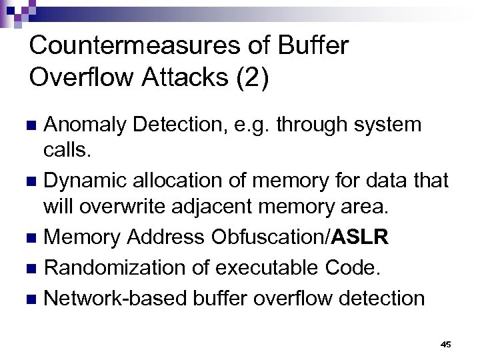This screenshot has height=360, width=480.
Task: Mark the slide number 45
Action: [445, 345]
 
